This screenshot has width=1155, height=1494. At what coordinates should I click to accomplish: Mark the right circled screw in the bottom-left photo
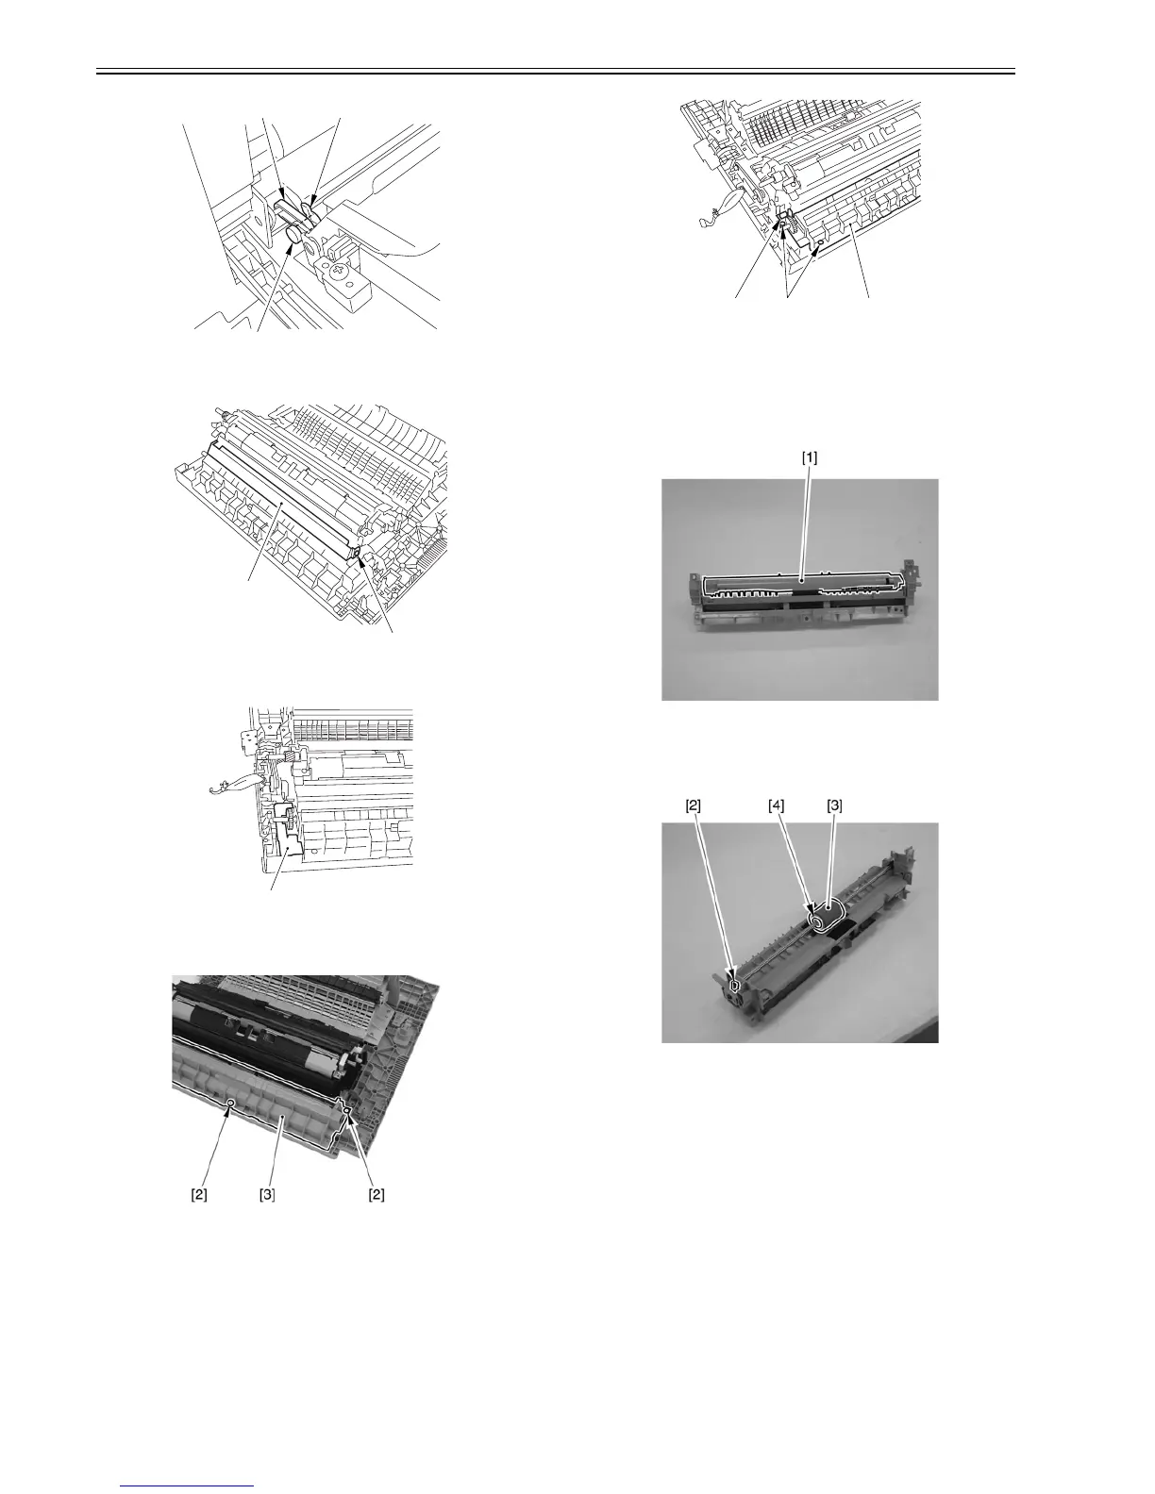tap(347, 1113)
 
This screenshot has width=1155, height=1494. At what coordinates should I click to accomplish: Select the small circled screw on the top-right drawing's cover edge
tap(818, 242)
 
